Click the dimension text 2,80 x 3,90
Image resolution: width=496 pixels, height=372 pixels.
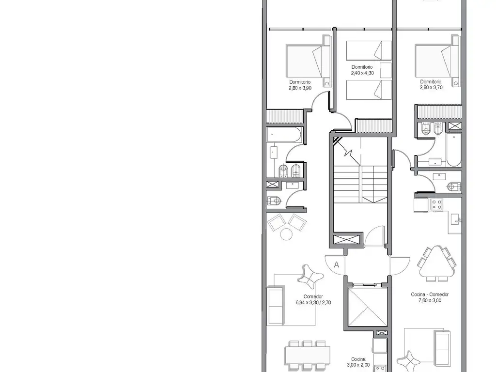point(300,88)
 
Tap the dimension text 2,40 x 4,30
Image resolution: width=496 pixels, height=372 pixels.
point(362,73)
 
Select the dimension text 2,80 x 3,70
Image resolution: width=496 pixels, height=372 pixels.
point(431,87)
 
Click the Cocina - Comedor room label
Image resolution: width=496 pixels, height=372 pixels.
point(430,294)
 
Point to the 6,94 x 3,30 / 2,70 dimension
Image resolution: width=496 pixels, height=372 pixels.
point(313,302)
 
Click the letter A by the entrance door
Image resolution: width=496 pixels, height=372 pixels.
point(336,265)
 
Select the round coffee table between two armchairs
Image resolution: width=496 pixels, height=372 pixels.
point(286,234)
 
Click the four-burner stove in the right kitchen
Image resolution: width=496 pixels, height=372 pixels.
point(436,204)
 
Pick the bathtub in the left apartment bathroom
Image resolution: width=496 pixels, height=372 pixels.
point(284,135)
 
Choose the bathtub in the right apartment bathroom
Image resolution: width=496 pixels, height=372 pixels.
point(454,149)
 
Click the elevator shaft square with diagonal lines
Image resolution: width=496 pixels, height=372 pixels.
point(367,307)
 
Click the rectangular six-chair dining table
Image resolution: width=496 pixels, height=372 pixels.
point(308,355)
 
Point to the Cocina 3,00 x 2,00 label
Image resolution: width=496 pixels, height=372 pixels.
point(358,362)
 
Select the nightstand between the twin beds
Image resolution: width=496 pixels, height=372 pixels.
point(386,70)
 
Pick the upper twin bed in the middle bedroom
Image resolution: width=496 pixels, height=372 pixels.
point(369,50)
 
